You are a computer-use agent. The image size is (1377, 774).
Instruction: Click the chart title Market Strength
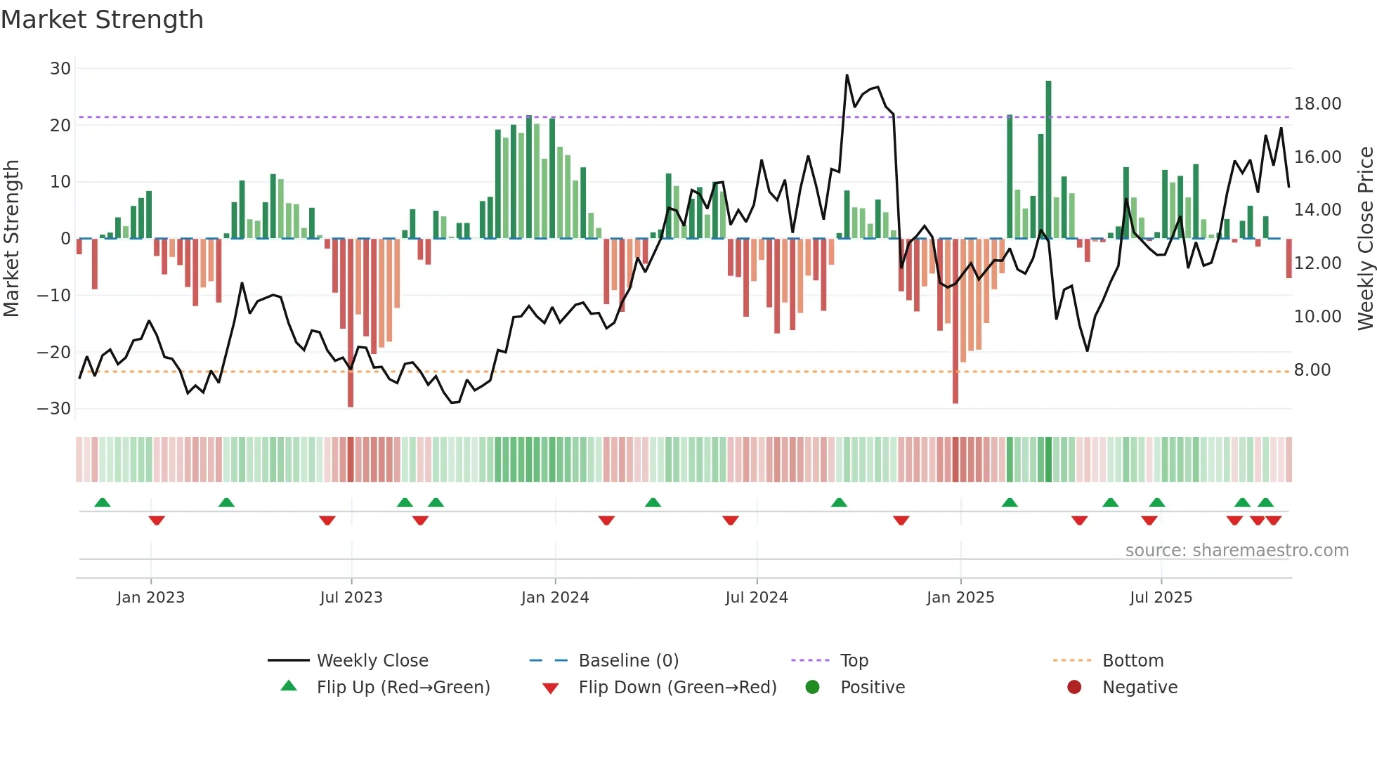point(102,20)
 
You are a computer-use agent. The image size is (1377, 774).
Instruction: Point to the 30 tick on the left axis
point(60,69)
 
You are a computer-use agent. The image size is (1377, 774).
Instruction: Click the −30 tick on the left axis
point(55,409)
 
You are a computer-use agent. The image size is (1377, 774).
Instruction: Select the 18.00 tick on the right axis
point(1317,104)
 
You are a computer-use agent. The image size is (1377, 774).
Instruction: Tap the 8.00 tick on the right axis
point(1312,370)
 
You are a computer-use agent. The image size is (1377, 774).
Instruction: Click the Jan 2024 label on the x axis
point(554,598)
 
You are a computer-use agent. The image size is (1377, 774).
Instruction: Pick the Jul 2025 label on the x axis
point(1161,598)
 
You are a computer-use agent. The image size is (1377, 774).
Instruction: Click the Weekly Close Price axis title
point(1365,239)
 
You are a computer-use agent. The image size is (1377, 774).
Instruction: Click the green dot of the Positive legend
point(812,687)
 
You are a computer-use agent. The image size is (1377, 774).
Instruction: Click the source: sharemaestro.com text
point(1236,551)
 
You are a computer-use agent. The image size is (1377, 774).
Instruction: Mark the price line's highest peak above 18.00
point(847,75)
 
